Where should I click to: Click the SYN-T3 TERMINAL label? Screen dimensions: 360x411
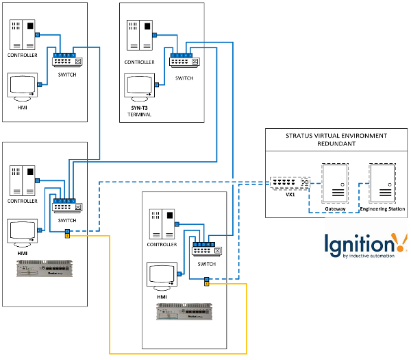point(140,112)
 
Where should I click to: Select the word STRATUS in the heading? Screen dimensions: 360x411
point(303,136)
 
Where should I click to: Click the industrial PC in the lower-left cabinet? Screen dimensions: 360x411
point(45,269)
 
